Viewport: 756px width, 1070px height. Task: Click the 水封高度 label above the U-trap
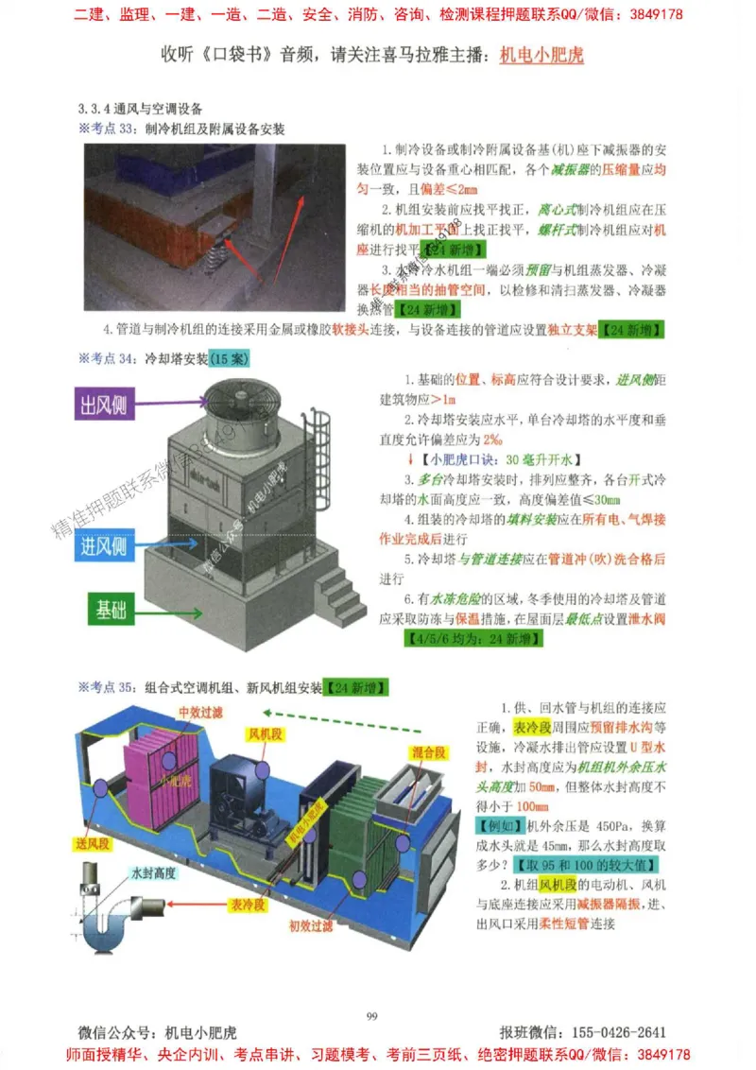point(154,874)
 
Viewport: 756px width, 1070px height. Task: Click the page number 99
point(371,1016)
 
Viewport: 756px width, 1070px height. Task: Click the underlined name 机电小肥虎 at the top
point(541,55)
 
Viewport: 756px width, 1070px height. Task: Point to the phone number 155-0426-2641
point(614,1032)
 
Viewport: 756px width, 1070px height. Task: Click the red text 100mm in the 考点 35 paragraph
point(534,806)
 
